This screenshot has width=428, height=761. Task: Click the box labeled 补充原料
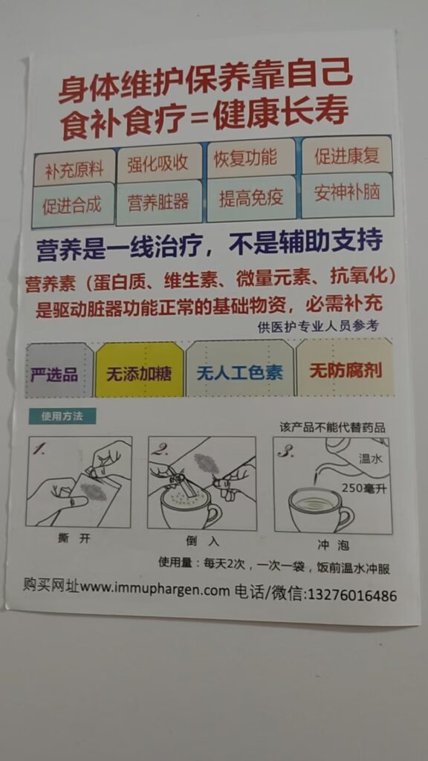pyautogui.click(x=74, y=168)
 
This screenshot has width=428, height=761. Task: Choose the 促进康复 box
pyautogui.click(x=346, y=155)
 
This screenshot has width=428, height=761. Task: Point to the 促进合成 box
pyautogui.click(x=73, y=205)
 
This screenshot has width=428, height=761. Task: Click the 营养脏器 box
pyautogui.click(x=159, y=201)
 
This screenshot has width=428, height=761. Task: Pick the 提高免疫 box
pyautogui.click(x=251, y=198)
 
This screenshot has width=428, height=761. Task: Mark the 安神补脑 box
pyautogui.click(x=346, y=194)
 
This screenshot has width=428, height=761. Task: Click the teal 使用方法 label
pyautogui.click(x=62, y=416)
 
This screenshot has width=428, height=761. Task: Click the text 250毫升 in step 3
pyautogui.click(x=364, y=488)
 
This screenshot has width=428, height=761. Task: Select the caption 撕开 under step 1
pyautogui.click(x=74, y=538)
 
